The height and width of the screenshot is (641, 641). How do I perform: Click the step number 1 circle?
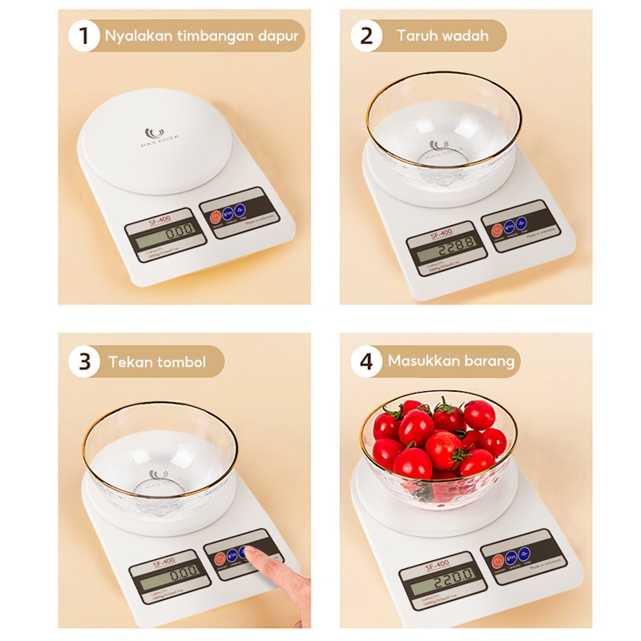point(84,36)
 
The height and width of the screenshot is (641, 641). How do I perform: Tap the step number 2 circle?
point(366,36)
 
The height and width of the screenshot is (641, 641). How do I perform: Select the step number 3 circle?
point(84,361)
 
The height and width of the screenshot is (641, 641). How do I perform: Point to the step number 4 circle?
point(366,361)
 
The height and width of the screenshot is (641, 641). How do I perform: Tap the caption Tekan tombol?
point(157,362)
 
